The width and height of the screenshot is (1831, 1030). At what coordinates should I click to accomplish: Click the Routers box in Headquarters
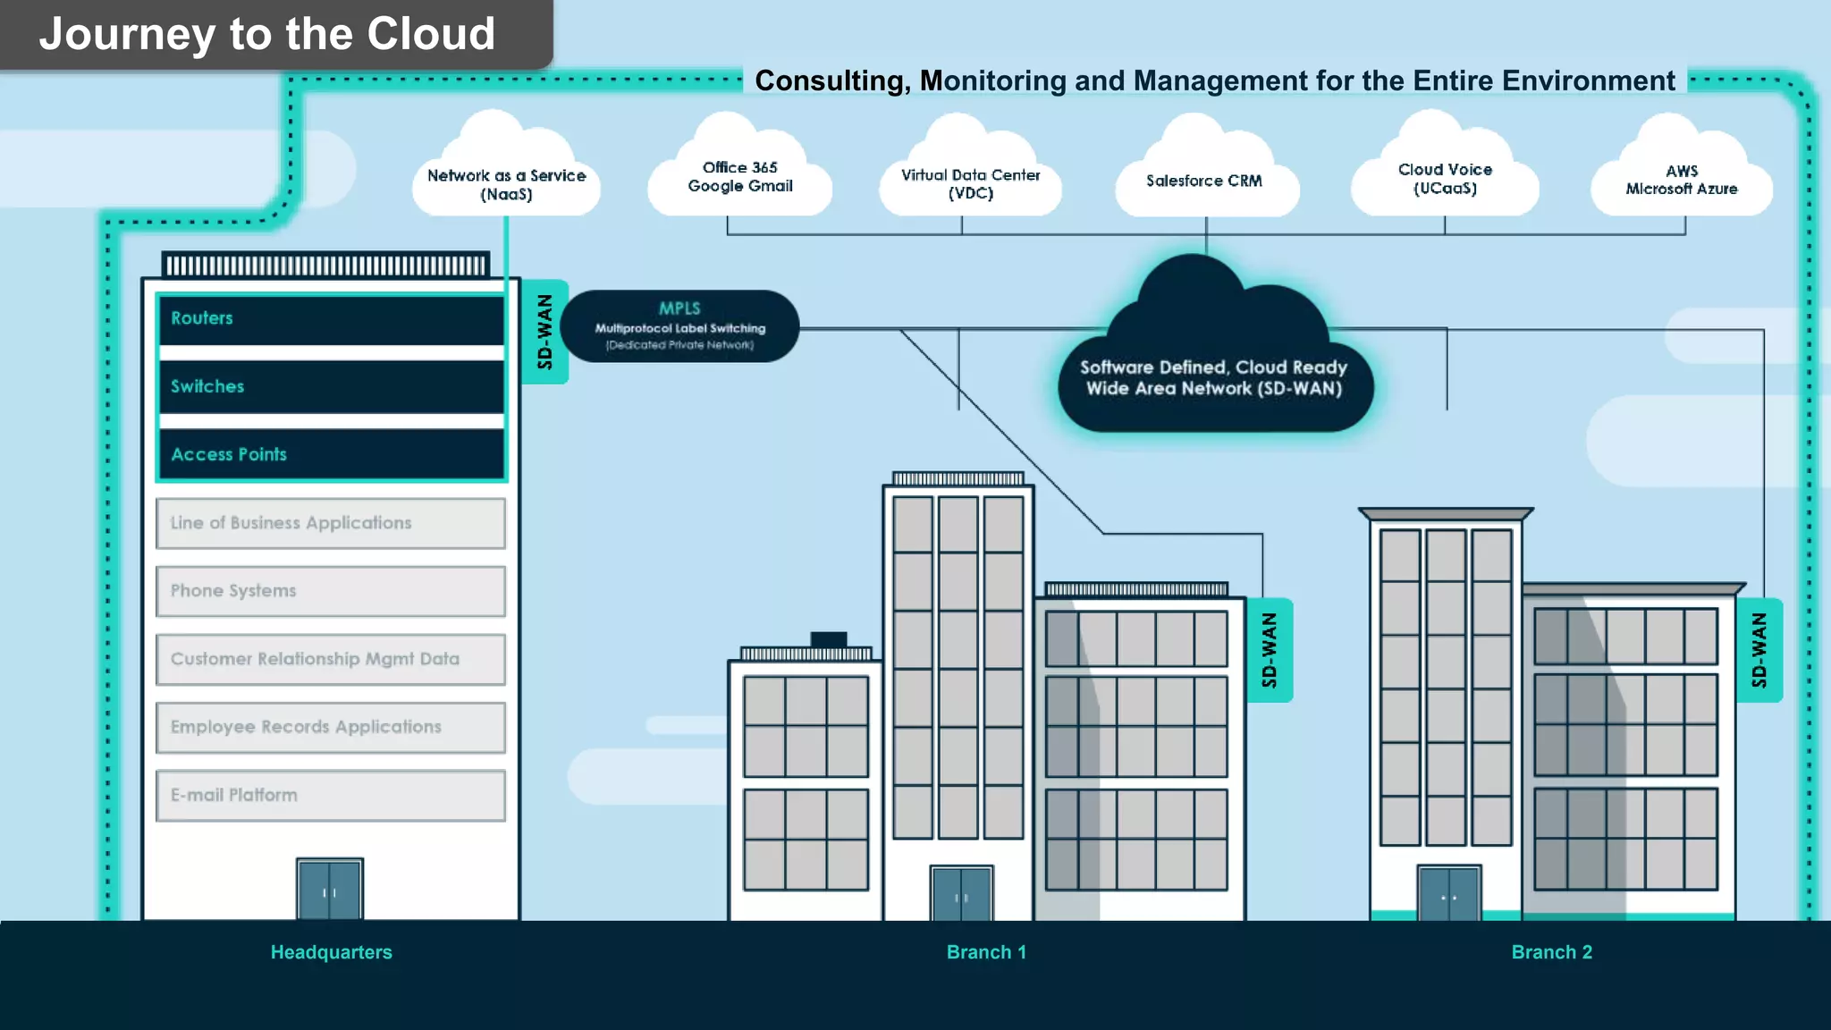tap(331, 319)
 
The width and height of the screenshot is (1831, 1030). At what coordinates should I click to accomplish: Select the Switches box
tap(331, 386)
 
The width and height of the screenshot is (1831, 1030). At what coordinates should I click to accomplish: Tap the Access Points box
tap(331, 454)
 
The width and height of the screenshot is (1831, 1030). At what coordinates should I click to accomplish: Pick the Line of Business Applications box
tap(331, 523)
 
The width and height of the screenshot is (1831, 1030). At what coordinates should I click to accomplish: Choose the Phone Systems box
tap(331, 591)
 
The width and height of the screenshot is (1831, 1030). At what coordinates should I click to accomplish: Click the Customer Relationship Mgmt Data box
tap(331, 659)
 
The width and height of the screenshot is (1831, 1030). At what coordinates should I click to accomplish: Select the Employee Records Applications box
tap(331, 727)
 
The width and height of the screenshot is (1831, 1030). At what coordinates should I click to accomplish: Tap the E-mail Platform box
tap(331, 795)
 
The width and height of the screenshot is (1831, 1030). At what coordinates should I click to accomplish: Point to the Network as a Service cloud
tap(506, 179)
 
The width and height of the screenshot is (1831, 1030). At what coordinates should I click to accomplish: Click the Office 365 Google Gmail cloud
tap(740, 177)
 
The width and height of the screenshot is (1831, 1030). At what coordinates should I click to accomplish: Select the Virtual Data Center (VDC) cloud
tap(970, 181)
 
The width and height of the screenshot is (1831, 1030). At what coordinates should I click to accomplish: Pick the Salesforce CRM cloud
tap(1204, 181)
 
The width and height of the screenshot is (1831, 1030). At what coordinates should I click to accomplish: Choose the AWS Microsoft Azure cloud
tap(1681, 180)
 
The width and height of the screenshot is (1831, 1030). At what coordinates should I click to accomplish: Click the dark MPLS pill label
tap(679, 326)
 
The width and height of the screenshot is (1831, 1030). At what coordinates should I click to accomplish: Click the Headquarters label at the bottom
tap(331, 952)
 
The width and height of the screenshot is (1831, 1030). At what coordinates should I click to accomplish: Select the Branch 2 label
tap(1551, 952)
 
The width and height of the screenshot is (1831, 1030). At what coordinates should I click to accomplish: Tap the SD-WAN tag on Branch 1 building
tap(1269, 650)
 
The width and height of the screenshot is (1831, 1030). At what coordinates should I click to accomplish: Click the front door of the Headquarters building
tap(330, 890)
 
